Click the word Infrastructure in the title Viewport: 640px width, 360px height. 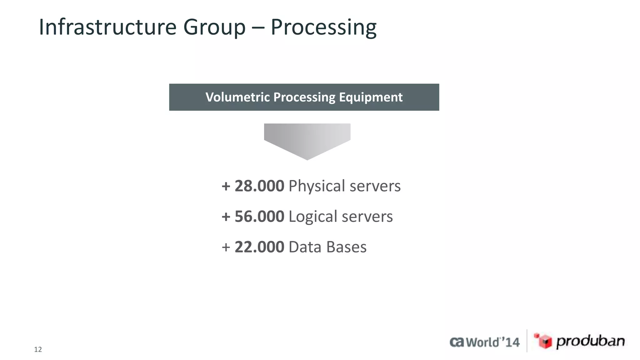click(107, 27)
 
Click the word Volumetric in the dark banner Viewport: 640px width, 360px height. click(237, 97)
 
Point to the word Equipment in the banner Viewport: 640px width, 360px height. click(371, 97)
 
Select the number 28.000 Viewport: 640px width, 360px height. click(259, 186)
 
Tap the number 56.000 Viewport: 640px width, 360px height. click(259, 217)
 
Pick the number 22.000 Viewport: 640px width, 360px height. click(259, 247)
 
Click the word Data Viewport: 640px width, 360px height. click(305, 247)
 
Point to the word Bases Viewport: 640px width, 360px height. click(346, 247)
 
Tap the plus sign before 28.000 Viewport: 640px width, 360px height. click(226, 187)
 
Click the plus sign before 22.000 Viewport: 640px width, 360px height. click(226, 247)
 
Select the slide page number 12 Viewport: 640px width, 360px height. click(38, 349)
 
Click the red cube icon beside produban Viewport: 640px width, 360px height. click(543, 341)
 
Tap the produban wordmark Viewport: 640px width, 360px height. click(590, 341)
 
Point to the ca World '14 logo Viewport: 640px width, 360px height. click(484, 342)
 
